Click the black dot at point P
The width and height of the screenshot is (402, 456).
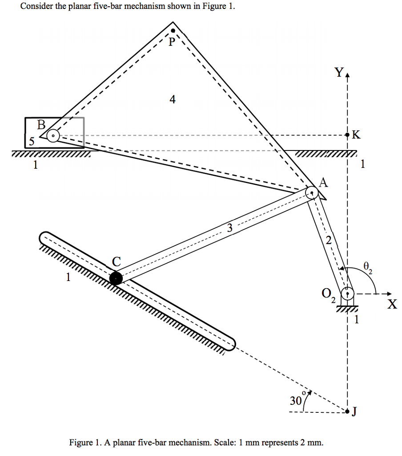coord(173,31)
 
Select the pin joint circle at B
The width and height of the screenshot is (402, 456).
coord(53,135)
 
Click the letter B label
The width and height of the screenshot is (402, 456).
coord(42,124)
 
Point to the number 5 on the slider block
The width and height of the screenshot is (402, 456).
coord(31,142)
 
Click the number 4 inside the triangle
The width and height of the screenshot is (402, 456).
coord(173,100)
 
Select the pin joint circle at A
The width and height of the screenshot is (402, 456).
coord(312,193)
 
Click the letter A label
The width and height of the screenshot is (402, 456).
coord(323,182)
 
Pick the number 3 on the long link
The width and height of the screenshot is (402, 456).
coord(229,228)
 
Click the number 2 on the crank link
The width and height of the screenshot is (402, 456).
coord(328,241)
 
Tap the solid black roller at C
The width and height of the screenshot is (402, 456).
coord(116,278)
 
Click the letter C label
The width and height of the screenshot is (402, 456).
coord(116,262)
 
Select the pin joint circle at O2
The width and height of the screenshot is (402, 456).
coord(347,293)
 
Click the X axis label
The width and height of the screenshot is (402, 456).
coord(391,305)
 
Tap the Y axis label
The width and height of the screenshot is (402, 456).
coord(340,73)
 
